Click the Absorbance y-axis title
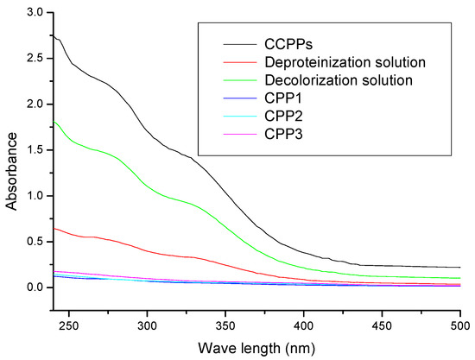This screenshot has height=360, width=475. click(11, 163)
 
